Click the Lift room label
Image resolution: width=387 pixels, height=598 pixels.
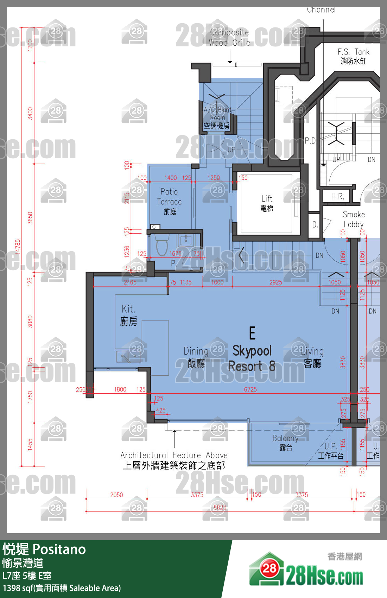pos(267,203)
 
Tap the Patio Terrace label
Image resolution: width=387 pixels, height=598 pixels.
pos(169,201)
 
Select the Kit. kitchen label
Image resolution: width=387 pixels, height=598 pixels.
pos(128,315)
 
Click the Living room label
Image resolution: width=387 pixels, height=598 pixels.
pos(313,357)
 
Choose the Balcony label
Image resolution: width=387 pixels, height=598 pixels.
pos(285,442)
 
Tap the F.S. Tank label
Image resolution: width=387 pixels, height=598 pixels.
pos(353,56)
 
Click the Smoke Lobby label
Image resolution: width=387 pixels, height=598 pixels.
pos(354,219)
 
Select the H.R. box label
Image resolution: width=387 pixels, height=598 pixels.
pos(337,196)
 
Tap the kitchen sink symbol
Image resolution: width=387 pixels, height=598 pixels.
pos(128,357)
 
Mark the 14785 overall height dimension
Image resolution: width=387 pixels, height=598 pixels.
pos(18,246)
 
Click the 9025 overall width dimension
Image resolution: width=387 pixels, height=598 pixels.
pos(220,507)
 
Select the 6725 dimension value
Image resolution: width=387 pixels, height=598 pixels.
pos(250,389)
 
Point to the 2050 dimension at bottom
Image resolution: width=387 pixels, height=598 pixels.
pos(116,495)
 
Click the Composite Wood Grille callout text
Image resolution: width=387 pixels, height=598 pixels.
pos(229,37)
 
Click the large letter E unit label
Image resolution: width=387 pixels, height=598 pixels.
pos(252,333)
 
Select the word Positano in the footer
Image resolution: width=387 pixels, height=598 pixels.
pos(59,549)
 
